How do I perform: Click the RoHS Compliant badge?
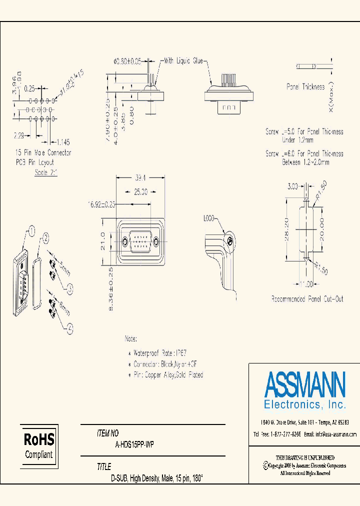(x=39, y=446)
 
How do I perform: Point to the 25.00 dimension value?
(x=140, y=191)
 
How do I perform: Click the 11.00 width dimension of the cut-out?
(x=306, y=284)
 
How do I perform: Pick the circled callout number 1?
(x=31, y=230)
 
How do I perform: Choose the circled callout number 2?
(x=45, y=238)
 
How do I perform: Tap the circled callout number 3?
(x=70, y=287)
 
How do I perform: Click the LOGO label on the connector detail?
(x=209, y=218)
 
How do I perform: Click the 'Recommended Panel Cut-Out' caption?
(x=307, y=299)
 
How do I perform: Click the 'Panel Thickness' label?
(x=305, y=87)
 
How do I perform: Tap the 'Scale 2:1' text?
(x=46, y=172)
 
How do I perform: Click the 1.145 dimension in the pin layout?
(x=63, y=141)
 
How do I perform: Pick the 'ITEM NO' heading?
(x=108, y=433)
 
